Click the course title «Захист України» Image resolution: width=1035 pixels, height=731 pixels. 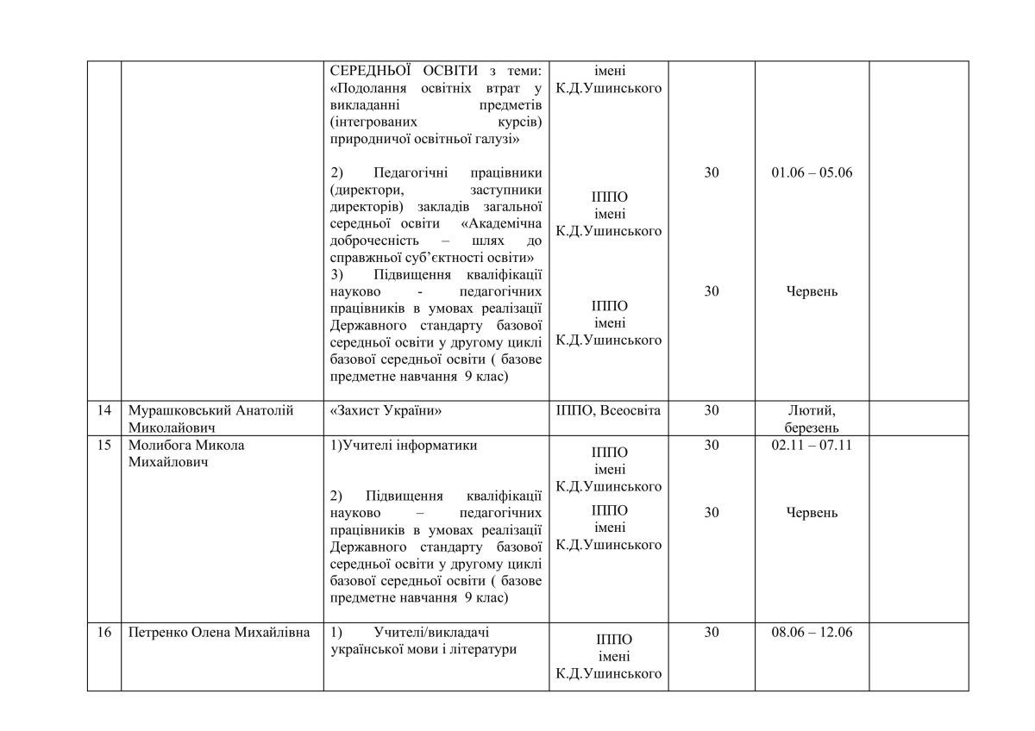(x=386, y=411)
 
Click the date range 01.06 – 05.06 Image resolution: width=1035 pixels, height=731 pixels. (x=812, y=172)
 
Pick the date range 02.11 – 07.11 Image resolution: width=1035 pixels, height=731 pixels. (x=812, y=446)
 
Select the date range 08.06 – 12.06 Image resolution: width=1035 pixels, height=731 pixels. (x=812, y=633)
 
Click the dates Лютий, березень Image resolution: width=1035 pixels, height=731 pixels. (x=812, y=419)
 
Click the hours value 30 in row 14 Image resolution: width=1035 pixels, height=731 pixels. (x=712, y=411)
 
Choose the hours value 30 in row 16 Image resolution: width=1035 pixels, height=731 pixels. (x=712, y=633)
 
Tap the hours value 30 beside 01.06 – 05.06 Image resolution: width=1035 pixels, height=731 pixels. (x=712, y=172)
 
